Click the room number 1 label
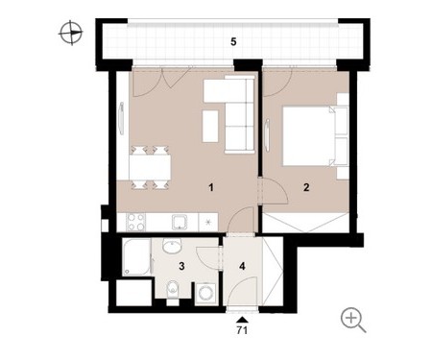tap(210, 187)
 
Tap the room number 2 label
tap(306, 187)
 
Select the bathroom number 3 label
tap(181, 266)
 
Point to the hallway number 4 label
tap(242, 266)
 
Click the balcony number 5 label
tap(233, 41)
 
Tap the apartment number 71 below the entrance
tap(242, 330)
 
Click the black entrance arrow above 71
tap(242, 319)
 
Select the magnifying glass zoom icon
tap(353, 320)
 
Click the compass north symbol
tap(71, 33)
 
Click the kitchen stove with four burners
tap(135, 222)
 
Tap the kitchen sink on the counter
tap(180, 222)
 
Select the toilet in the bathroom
tap(172, 290)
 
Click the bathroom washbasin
tap(172, 246)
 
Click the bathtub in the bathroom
tap(136, 257)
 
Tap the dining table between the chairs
tap(150, 167)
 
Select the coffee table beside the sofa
tap(210, 126)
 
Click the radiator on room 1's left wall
tap(121, 118)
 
